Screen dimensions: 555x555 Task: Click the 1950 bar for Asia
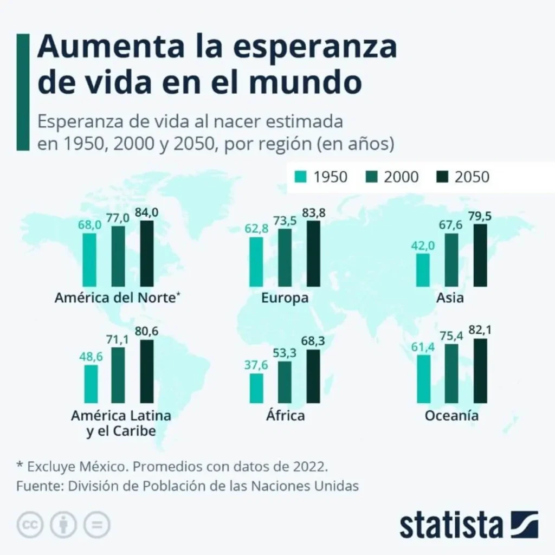pos(423,269)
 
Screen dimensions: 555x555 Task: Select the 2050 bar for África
pos(313,376)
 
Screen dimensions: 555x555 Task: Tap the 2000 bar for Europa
pos(285,257)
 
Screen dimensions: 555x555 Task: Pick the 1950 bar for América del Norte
pos(89,260)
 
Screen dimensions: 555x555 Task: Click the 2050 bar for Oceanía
pos(480,371)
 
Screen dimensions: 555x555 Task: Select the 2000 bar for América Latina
pos(118,375)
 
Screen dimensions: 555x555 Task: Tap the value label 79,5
pos(480,216)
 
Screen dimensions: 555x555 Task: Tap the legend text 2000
pos(401,177)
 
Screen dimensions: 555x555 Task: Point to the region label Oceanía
pos(451,416)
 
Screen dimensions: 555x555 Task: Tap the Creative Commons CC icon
pos(30,524)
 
